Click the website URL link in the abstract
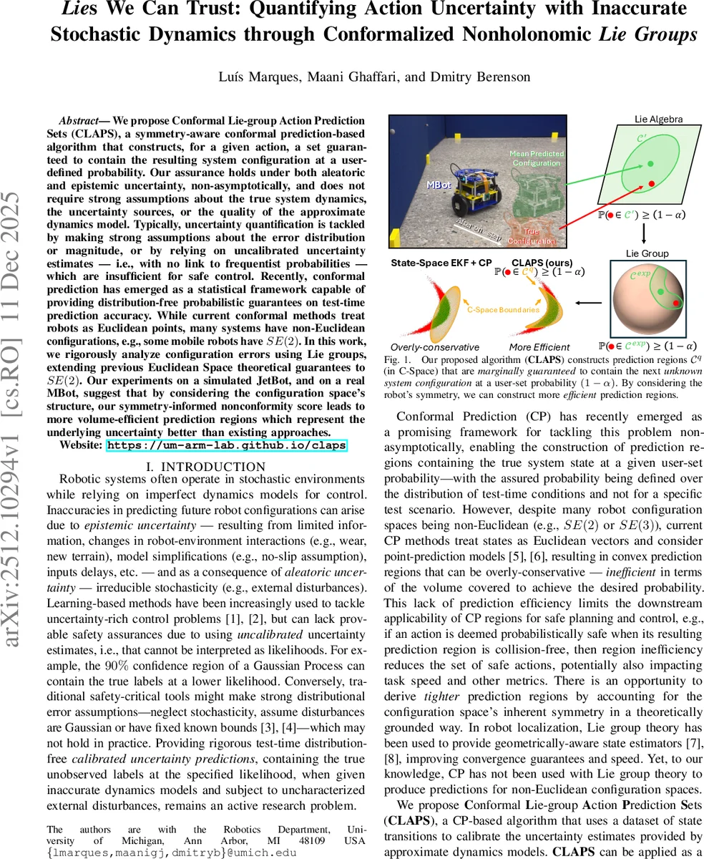(226, 445)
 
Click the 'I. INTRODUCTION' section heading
(206, 467)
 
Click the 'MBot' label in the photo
(438, 185)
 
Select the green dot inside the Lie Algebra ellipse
(650, 165)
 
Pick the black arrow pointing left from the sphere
(589, 302)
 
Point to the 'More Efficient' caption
(539, 346)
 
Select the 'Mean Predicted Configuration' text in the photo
(536, 157)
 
